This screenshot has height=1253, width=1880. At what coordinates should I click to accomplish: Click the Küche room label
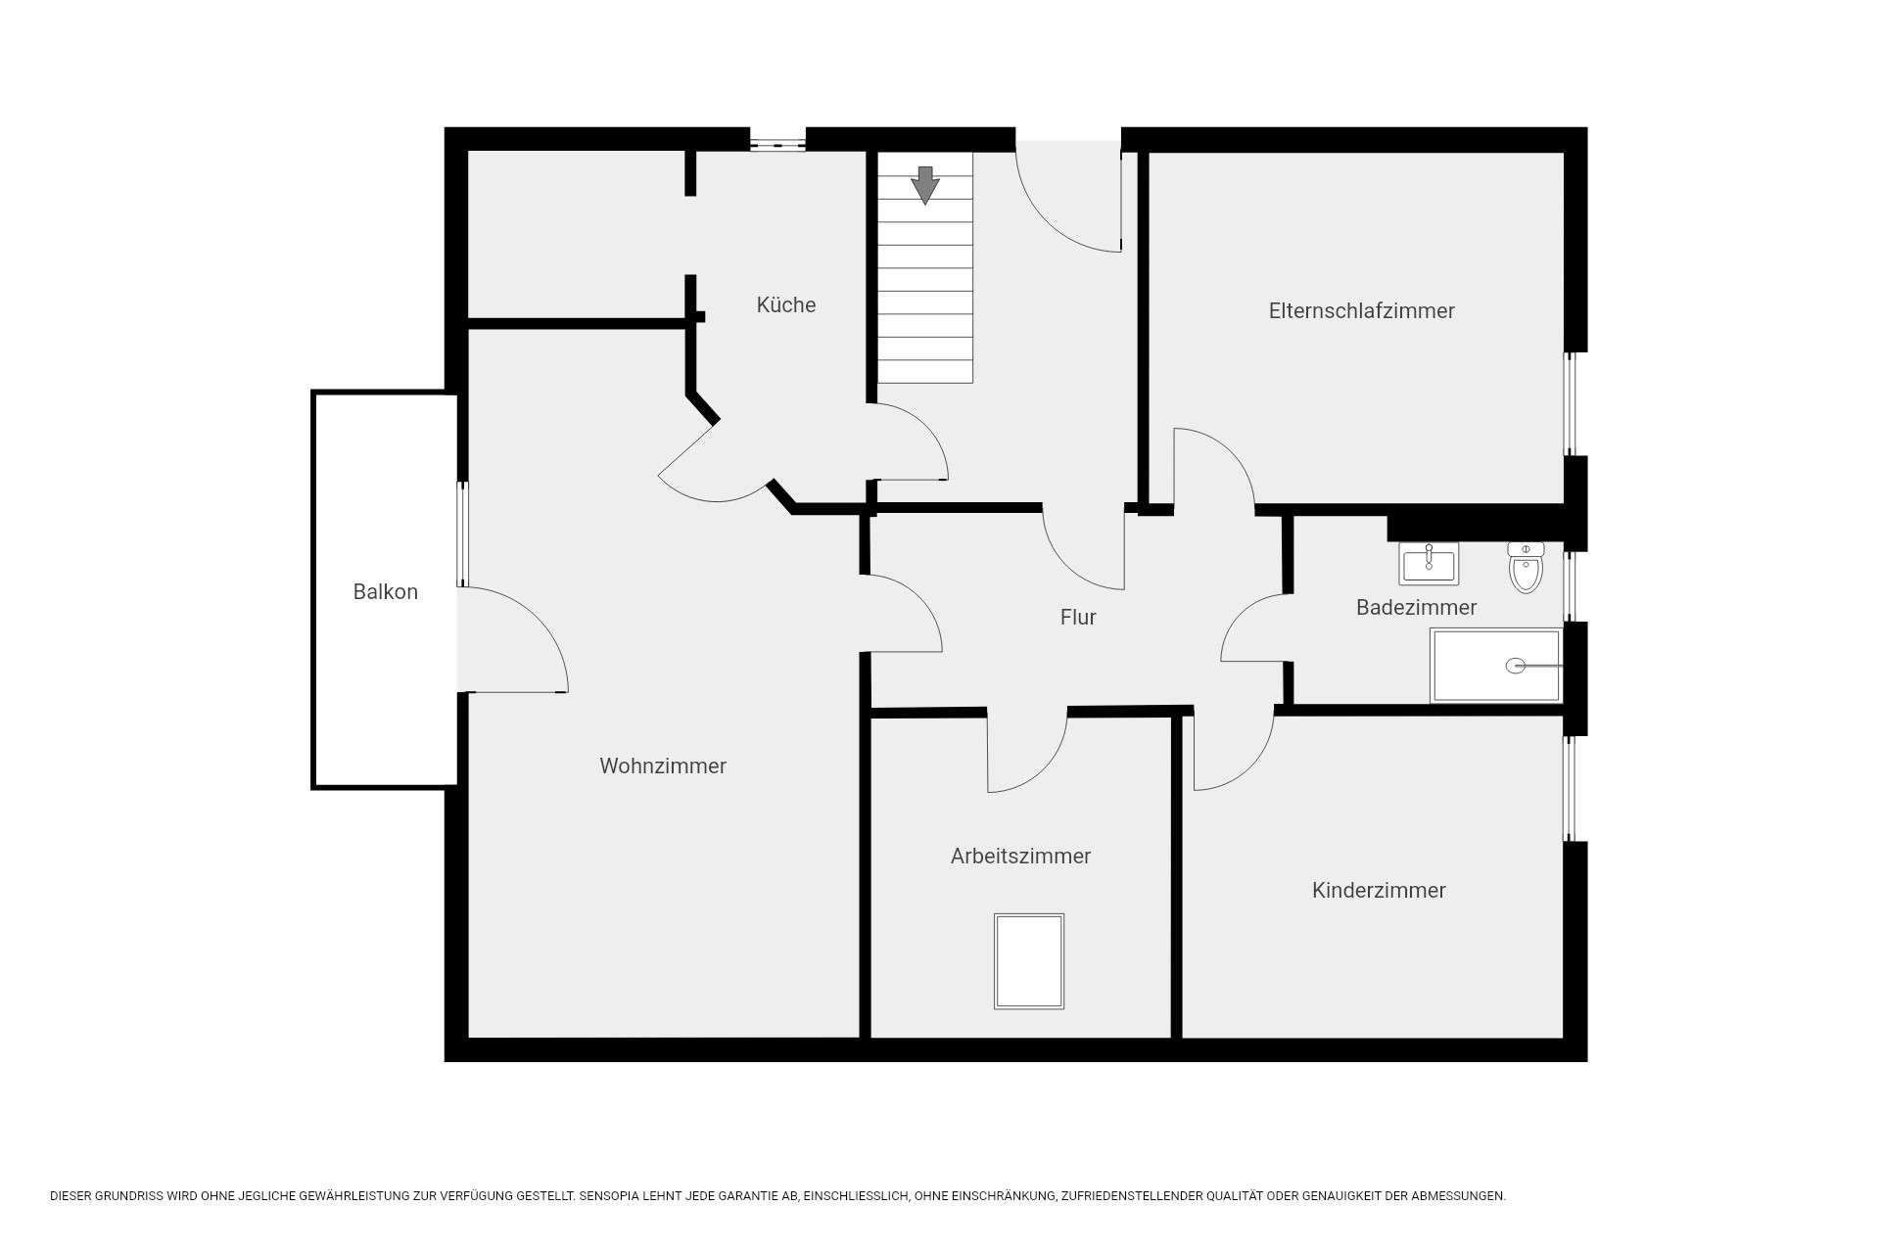(785, 304)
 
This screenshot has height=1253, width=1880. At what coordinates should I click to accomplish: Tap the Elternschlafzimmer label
(1361, 310)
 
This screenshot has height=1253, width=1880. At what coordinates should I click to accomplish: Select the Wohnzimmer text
(663, 766)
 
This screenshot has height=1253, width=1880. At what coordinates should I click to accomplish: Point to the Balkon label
(385, 591)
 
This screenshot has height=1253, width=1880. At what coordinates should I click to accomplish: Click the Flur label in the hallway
(1077, 617)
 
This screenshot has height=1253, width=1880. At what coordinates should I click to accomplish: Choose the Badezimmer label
(1416, 607)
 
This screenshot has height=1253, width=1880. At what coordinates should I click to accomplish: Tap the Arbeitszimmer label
(1020, 856)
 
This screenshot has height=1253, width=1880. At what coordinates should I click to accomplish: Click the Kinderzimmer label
(1379, 890)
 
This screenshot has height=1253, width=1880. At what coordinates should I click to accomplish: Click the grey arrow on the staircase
(924, 185)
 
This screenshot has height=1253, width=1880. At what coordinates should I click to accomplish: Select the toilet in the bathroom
(1526, 568)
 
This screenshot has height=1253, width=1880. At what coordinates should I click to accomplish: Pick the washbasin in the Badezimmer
(1429, 564)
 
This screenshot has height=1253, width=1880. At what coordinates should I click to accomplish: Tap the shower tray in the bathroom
(1496, 666)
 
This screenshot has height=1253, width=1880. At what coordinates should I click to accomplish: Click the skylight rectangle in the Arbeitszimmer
(1029, 961)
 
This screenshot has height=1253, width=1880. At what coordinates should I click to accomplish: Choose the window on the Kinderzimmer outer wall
(1570, 788)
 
